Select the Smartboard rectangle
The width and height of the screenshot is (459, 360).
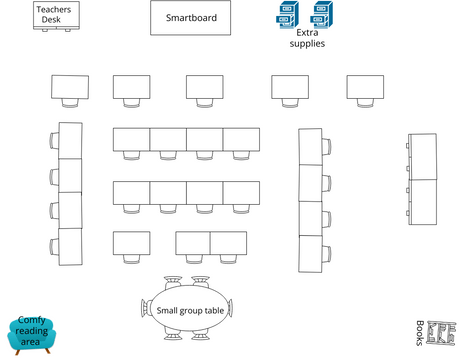point(190,18)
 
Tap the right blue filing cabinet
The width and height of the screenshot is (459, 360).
point(321,15)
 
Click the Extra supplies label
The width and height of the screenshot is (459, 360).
point(307,38)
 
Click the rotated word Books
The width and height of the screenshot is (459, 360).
point(420,333)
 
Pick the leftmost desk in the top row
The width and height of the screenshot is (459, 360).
point(70,87)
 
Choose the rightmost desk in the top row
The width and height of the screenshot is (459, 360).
point(365,87)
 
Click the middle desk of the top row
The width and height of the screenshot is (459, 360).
point(204,87)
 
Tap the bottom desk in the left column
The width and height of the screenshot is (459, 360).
point(70,244)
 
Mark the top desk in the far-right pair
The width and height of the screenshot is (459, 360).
point(424,156)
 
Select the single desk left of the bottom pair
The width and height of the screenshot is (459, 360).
point(131,243)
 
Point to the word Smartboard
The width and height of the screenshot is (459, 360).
point(190,18)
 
